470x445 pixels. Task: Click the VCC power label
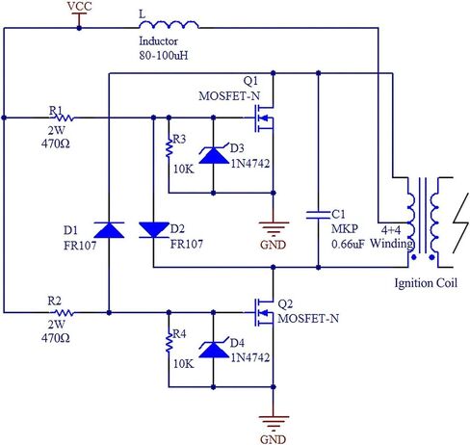click(79, 7)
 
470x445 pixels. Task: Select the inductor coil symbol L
click(169, 25)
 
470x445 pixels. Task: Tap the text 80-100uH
click(164, 56)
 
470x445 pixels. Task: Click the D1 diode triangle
click(109, 230)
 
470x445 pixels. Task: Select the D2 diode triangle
click(154, 230)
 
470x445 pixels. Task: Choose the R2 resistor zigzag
click(64, 312)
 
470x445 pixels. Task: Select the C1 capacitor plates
click(318, 215)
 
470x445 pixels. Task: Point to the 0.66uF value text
click(348, 244)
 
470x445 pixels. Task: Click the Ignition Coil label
click(426, 283)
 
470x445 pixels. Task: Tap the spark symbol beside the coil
click(461, 223)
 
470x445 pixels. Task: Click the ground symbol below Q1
click(274, 227)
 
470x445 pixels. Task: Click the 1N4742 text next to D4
click(250, 357)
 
